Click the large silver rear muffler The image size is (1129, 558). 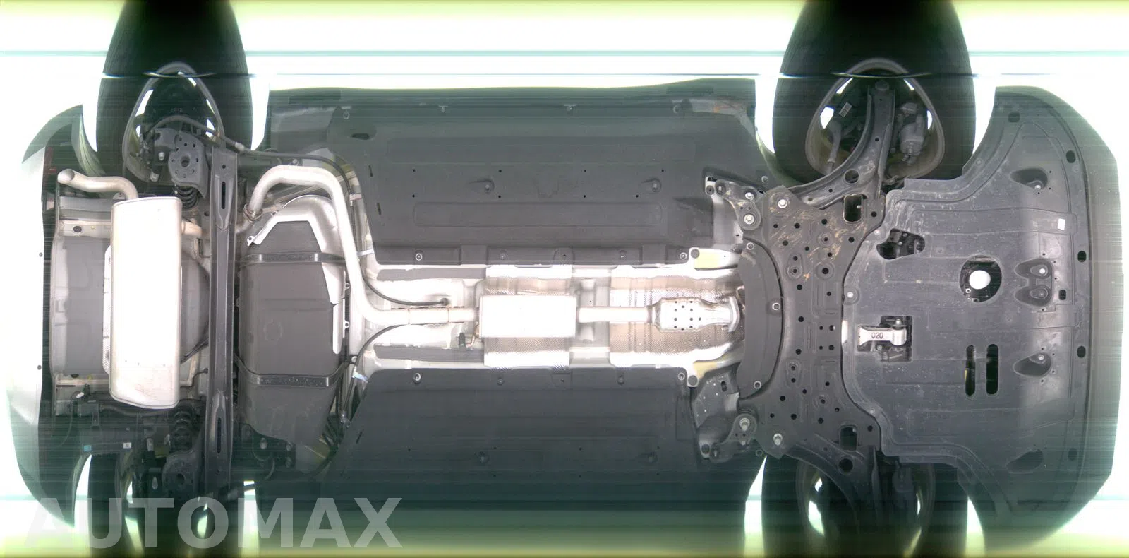(145, 302)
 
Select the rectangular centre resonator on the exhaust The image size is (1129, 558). (527, 316)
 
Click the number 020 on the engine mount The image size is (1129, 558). (877, 336)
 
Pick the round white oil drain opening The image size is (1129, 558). (979, 280)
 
